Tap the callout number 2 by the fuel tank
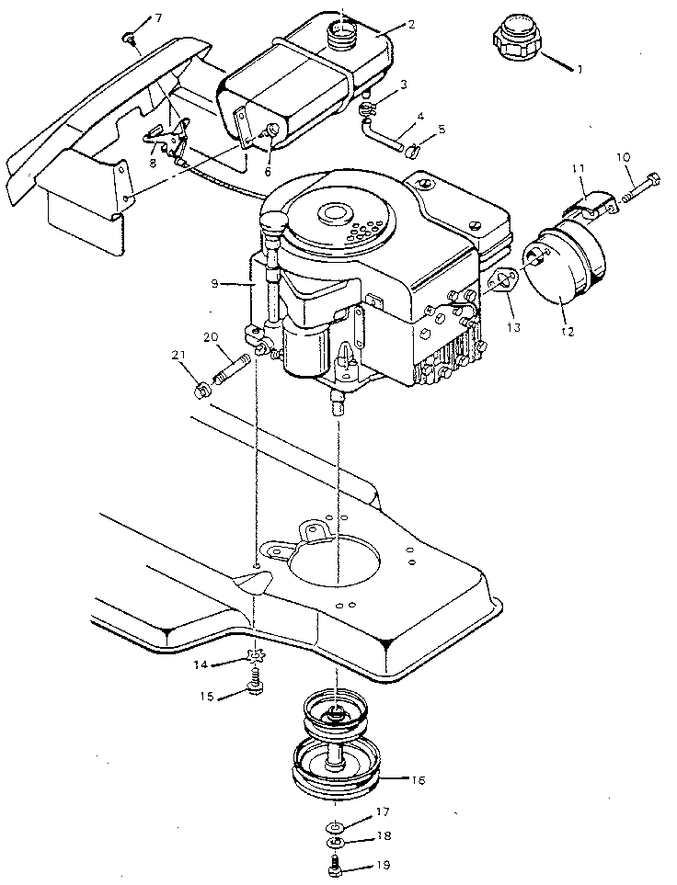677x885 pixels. pos(410,24)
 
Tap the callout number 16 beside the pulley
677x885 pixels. pos(419,779)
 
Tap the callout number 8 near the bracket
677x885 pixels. pos(154,163)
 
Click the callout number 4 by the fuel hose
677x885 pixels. pos(419,117)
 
